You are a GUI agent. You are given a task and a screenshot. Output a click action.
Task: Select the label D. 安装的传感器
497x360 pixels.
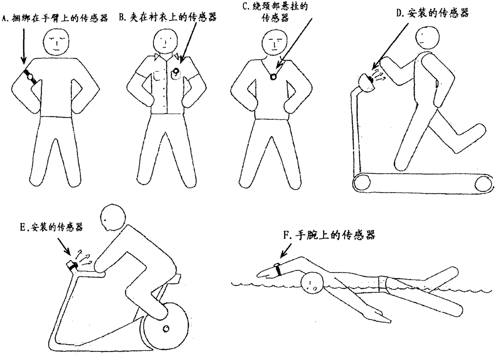tap(432, 13)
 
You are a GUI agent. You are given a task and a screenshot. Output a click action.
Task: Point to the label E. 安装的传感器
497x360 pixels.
tap(51, 227)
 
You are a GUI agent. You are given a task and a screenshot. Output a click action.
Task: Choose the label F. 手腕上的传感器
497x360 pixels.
tap(329, 235)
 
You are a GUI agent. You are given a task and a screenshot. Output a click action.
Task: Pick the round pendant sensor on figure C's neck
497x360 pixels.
tap(273, 76)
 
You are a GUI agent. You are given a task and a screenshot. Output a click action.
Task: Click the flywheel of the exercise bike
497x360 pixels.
tap(164, 328)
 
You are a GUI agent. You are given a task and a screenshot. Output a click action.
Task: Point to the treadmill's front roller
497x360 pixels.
tap(362, 183)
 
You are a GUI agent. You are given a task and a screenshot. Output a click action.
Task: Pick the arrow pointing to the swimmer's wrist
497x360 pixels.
tap(286, 251)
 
